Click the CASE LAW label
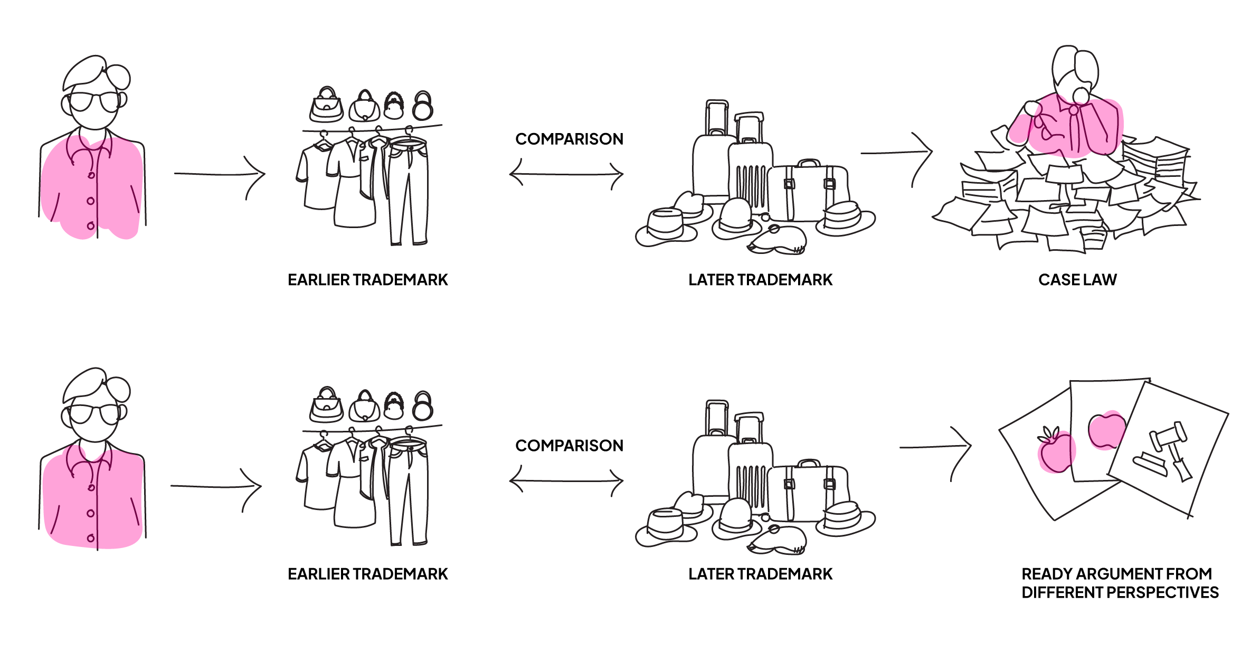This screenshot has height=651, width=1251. click(1077, 279)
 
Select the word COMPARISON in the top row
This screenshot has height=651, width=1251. click(569, 139)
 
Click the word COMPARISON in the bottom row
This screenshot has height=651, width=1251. click(569, 446)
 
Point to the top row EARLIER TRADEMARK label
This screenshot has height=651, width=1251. click(367, 279)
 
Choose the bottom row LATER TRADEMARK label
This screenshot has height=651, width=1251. click(760, 574)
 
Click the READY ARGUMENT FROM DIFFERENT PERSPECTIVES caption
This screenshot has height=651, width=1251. click(1120, 583)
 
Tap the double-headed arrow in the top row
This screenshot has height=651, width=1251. click(566, 174)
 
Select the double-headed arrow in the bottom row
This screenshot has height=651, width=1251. click(566, 481)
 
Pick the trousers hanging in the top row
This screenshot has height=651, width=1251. click(409, 190)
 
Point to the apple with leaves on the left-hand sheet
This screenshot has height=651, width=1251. click(1054, 451)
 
